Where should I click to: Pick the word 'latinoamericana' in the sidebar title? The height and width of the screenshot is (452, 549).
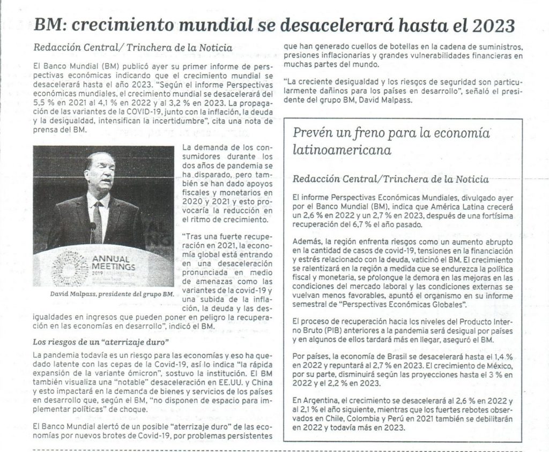(x=342, y=150)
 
